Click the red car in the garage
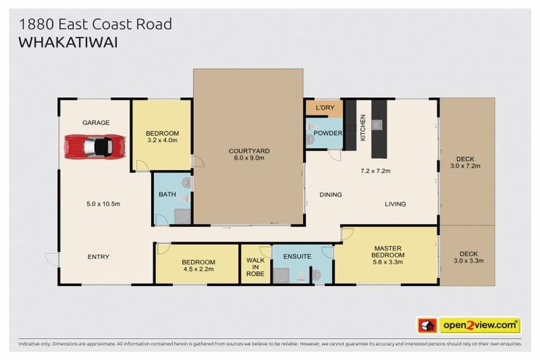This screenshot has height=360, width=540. tap(95, 147)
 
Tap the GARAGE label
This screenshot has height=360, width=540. tap(96, 122)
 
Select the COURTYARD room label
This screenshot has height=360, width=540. tap(249, 151)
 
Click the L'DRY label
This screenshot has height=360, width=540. tap(325, 108)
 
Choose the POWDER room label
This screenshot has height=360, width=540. tap(328, 133)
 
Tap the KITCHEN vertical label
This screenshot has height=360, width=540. tap(363, 128)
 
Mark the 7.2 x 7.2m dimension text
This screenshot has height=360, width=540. tap(375, 171)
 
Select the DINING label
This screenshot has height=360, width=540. tap(330, 195)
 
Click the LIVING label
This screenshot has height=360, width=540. tap(395, 204)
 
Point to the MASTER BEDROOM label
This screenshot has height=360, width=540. tap(388, 252)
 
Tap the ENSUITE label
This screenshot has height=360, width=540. tap(297, 257)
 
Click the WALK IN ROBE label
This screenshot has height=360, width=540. tap(255, 267)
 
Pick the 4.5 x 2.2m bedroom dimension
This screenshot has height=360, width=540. tap(198, 269)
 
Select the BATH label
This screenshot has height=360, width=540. tap(167, 194)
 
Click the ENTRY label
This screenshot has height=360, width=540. tap(98, 257)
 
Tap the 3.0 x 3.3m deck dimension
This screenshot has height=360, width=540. tap(468, 261)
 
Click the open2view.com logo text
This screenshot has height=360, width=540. tap(480, 325)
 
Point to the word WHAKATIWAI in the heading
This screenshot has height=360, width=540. tap(68, 42)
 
